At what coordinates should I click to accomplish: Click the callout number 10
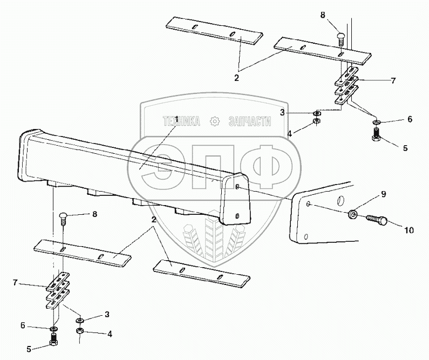pyautogui.click(x=408, y=230)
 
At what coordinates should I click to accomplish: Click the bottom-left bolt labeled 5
pyautogui.click(x=54, y=339)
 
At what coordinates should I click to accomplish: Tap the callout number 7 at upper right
pyautogui.click(x=393, y=81)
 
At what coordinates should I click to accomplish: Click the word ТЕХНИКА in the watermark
pyautogui.click(x=181, y=122)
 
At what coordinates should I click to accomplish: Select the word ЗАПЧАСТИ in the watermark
pyautogui.click(x=249, y=122)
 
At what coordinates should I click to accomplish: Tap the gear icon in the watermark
pyautogui.click(x=215, y=122)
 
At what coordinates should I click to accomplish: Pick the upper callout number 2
pyautogui.click(x=236, y=78)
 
